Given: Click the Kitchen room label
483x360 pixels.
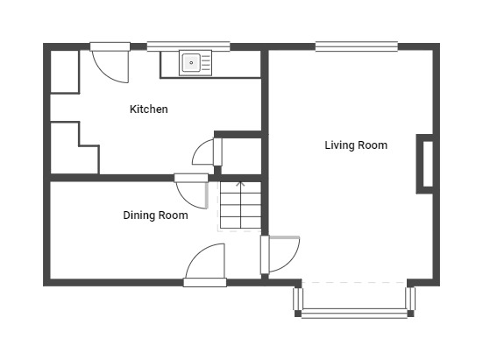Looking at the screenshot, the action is [149, 109].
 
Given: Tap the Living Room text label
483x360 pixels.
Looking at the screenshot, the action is [356, 145].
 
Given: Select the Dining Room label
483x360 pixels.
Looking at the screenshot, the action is [155, 215].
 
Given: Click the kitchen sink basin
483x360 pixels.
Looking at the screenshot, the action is [191, 63].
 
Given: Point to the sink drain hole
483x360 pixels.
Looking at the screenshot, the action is [191, 63].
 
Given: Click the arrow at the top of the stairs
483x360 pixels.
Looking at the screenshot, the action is [240, 185].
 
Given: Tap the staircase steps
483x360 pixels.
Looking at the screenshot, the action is [240, 206].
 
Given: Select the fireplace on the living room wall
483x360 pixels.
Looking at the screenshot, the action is [425, 164].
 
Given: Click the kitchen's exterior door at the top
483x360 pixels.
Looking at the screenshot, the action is [110, 62].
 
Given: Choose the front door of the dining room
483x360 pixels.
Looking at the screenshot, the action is [205, 265].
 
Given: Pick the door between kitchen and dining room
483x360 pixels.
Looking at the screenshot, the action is [192, 191].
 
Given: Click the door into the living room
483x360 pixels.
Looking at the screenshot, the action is [279, 255].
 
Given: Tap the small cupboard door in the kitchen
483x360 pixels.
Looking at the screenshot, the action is [207, 152].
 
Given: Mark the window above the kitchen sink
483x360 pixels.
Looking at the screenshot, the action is [188, 46].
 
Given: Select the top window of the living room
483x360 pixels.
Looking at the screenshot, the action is [357, 46].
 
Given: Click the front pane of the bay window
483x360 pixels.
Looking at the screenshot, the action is [354, 314].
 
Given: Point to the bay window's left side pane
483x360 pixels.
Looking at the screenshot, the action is [297, 299].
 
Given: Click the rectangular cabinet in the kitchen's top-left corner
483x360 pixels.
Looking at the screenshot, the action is [65, 71].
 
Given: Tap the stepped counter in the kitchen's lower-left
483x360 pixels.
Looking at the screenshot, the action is [75, 148].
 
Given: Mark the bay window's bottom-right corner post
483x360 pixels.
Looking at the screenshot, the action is [410, 314].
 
